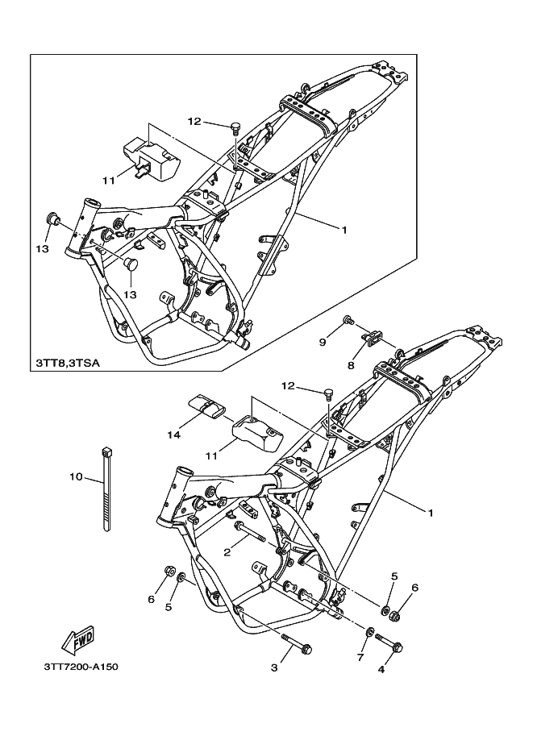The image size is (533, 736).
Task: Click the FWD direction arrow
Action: click(78, 640)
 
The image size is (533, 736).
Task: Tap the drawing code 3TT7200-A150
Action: click(81, 667)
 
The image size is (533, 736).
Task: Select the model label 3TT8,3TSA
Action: click(68, 363)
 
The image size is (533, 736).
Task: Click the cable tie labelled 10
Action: click(106, 489)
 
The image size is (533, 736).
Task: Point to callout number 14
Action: click(173, 435)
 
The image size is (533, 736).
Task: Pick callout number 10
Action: click(76, 477)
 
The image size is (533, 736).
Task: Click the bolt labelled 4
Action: click(389, 642)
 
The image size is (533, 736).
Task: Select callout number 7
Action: click(360, 658)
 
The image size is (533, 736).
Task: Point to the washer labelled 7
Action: click(370, 631)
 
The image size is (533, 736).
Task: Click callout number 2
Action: click(227, 552)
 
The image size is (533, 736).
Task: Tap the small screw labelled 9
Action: click(349, 320)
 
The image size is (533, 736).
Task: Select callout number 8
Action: click(351, 364)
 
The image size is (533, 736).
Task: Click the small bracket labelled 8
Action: click(373, 338)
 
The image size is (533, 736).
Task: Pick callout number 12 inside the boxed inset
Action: click(194, 121)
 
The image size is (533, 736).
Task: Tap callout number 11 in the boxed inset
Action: click(109, 181)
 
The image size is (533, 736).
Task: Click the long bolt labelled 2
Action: click(249, 531)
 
